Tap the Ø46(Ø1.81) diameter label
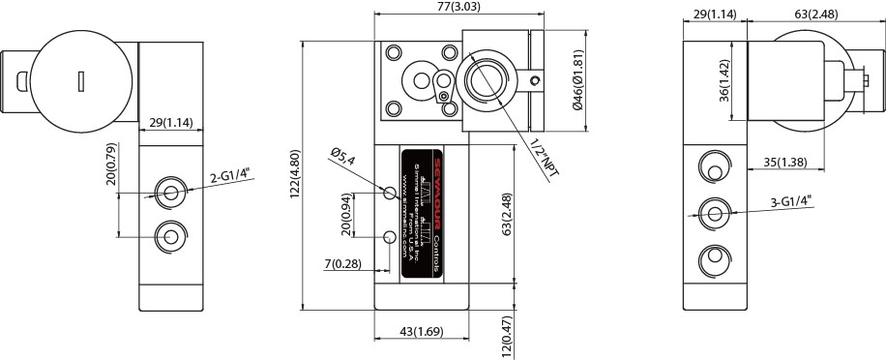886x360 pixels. click(x=577, y=82)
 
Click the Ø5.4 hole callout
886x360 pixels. click(x=344, y=156)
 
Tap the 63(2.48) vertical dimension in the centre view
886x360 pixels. click(x=507, y=215)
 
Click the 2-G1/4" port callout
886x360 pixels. click(x=229, y=175)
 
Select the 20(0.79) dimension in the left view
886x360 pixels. click(x=111, y=165)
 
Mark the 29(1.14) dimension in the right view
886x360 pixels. click(x=715, y=15)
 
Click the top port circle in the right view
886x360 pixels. click(x=714, y=166)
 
